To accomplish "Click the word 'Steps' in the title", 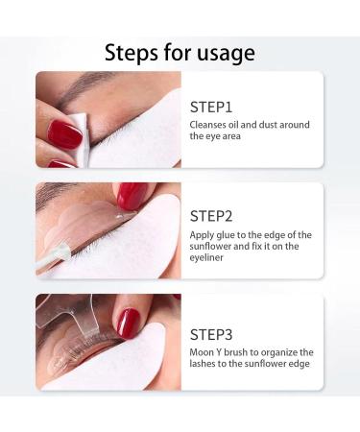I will [133, 52].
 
